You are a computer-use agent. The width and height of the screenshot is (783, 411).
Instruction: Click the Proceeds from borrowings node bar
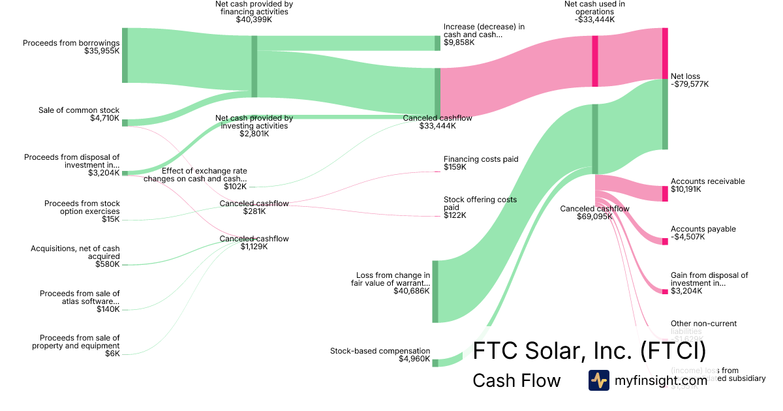click(x=125, y=55)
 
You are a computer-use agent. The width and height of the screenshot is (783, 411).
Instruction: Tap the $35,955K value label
click(x=102, y=50)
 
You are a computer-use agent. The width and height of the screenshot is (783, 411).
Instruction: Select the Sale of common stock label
click(x=79, y=110)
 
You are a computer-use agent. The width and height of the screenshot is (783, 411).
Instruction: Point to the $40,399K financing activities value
click(x=254, y=20)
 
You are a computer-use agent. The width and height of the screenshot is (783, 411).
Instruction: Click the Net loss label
click(x=685, y=76)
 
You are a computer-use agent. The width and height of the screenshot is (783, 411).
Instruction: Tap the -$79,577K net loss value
click(x=690, y=84)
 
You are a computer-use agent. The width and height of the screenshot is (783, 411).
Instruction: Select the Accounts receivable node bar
click(x=665, y=193)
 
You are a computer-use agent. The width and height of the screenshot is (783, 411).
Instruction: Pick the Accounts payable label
click(x=703, y=229)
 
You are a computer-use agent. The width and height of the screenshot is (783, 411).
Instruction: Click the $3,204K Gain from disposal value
click(x=686, y=291)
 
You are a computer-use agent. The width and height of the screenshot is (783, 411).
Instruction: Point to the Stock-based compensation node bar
click(x=435, y=363)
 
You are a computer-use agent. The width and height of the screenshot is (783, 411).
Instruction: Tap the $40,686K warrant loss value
click(x=412, y=291)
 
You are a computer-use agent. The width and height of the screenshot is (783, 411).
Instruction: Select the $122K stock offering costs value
click(x=455, y=215)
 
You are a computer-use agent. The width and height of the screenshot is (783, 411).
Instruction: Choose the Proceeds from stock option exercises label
click(x=82, y=207)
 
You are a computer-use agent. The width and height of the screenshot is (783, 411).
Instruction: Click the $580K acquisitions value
click(x=108, y=264)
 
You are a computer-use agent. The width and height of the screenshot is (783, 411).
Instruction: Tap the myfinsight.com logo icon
click(x=598, y=380)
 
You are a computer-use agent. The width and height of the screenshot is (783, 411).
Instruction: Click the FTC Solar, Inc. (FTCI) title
click(x=589, y=350)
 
